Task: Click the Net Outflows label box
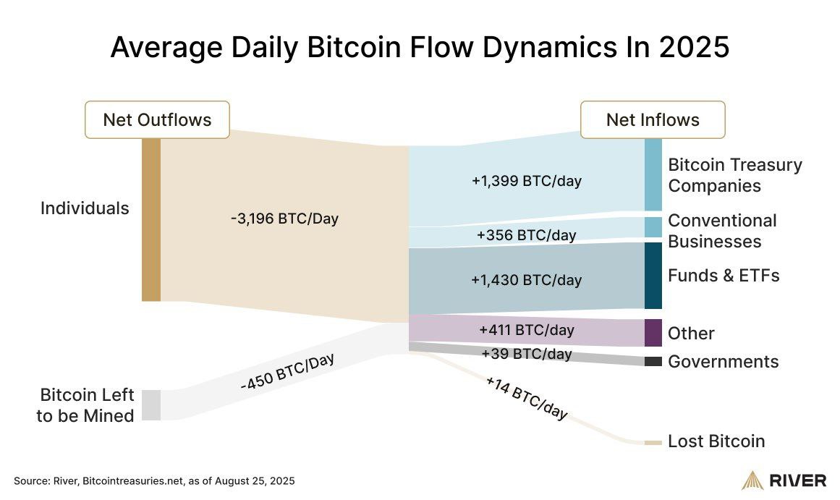click(x=157, y=119)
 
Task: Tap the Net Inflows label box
click(x=653, y=119)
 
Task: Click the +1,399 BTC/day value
click(x=526, y=181)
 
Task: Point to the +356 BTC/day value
click(x=526, y=235)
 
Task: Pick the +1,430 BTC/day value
click(x=526, y=279)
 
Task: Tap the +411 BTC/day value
click(x=526, y=331)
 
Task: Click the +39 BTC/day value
click(x=526, y=354)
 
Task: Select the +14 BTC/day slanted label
click(x=527, y=399)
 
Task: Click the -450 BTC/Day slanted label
click(x=287, y=373)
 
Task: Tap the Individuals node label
click(x=85, y=208)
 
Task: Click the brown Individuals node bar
click(x=150, y=219)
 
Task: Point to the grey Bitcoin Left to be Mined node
click(x=150, y=404)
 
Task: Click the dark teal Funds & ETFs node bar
click(x=653, y=276)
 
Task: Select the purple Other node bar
click(x=653, y=333)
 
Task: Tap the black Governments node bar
click(x=653, y=361)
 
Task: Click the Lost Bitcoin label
click(x=716, y=441)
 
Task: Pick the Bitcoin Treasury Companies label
click(x=734, y=175)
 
